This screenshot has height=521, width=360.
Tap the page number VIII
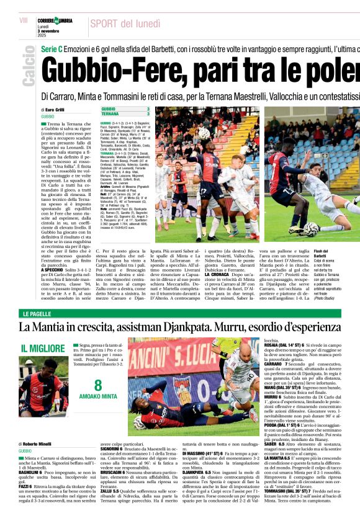pyautogui.click(x=24, y=21)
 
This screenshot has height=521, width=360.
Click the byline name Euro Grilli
pyautogui.click(x=58, y=110)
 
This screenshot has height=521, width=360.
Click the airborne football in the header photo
pyautogui.click(x=204, y=133)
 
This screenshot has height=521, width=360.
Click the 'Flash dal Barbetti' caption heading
pyautogui.click(x=323, y=253)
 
